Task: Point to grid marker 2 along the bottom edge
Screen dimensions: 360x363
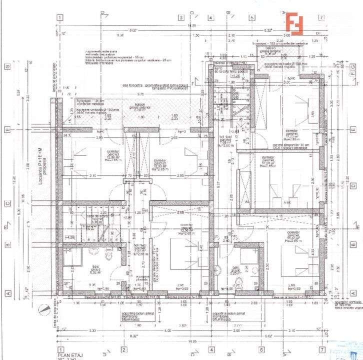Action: [123, 349]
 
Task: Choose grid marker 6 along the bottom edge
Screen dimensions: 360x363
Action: [261, 349]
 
